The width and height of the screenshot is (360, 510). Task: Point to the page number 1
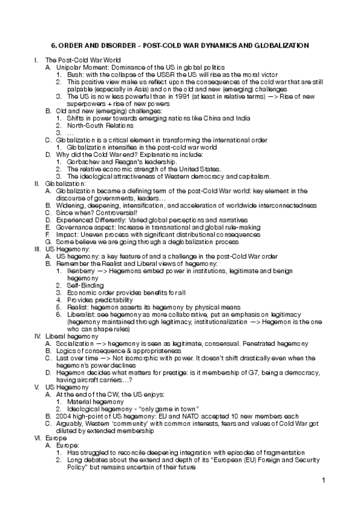coord(323,480)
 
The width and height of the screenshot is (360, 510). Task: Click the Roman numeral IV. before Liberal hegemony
coord(37,336)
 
